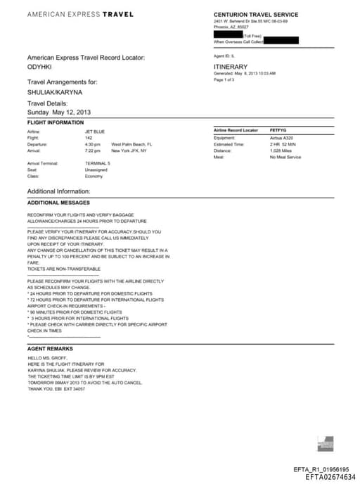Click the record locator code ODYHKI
39,67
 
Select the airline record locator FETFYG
279,131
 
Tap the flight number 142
89,138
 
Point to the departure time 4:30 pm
93,144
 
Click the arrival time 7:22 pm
93,151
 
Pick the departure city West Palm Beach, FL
131,144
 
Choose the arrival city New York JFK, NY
129,151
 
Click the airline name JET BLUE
94,132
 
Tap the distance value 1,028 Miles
282,151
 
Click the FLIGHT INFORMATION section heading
56,123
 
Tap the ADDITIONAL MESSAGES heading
58,203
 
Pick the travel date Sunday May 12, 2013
59,112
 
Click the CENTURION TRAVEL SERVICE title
256,15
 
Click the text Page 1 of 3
225,79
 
